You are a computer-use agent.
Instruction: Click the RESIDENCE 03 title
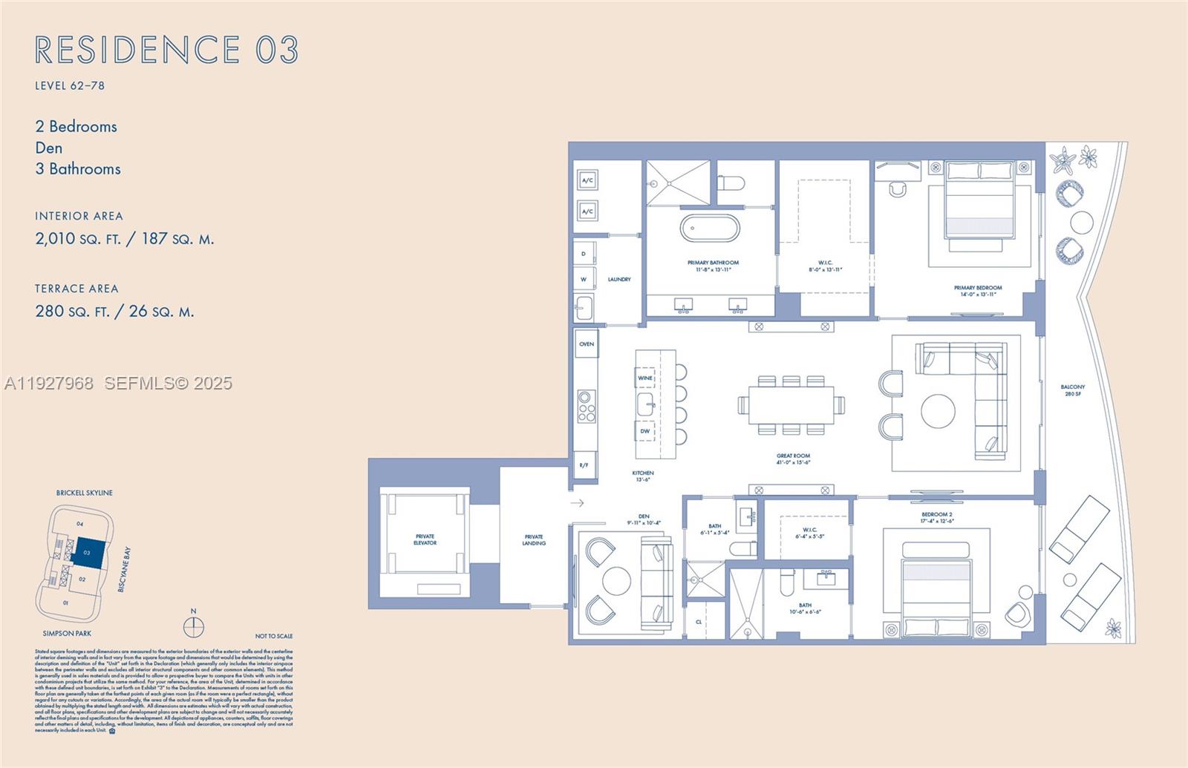coord(166,50)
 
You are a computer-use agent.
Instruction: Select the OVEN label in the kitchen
coord(587,344)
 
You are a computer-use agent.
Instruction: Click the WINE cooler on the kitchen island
coord(645,378)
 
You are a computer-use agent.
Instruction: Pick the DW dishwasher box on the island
coord(645,431)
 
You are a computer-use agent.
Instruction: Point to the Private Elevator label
coord(425,539)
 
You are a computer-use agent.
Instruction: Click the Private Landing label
coord(534,539)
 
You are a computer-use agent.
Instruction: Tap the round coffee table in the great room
coord(939,411)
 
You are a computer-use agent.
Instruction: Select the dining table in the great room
coord(791,404)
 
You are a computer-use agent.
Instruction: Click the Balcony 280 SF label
coord(1072,390)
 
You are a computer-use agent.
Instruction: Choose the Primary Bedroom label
coord(978,290)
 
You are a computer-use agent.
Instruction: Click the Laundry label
coord(619,279)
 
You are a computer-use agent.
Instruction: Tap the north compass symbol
coord(194,627)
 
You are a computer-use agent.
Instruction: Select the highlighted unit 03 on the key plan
coord(88,553)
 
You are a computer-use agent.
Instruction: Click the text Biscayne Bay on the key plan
coord(125,569)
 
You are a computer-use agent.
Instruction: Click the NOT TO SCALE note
coord(274,636)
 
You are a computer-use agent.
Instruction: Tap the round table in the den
coord(616,581)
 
